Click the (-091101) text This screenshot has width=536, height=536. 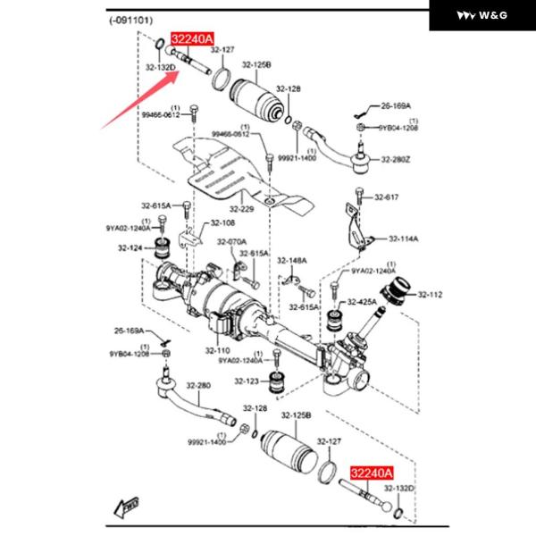tap(132, 20)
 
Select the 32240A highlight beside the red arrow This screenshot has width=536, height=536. tap(193, 38)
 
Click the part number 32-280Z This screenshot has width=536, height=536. tap(394, 160)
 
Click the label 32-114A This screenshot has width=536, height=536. tap(404, 239)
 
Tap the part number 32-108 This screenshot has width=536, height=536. tap(222, 222)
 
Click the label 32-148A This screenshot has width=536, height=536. tap(291, 261)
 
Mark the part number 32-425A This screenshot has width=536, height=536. tap(363, 302)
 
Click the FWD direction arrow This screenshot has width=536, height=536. tap(124, 507)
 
